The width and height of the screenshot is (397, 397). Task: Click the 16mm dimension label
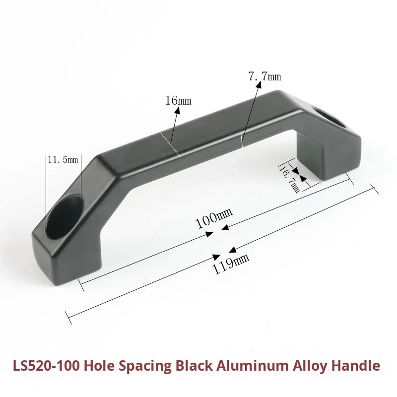pyautogui.click(x=178, y=101)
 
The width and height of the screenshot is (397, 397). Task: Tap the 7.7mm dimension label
pyautogui.click(x=265, y=76)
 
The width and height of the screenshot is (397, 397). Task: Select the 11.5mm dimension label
pyautogui.click(x=63, y=160)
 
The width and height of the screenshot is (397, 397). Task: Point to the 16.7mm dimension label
pyautogui.click(x=289, y=179)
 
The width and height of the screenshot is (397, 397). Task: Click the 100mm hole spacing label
pyautogui.click(x=214, y=218)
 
